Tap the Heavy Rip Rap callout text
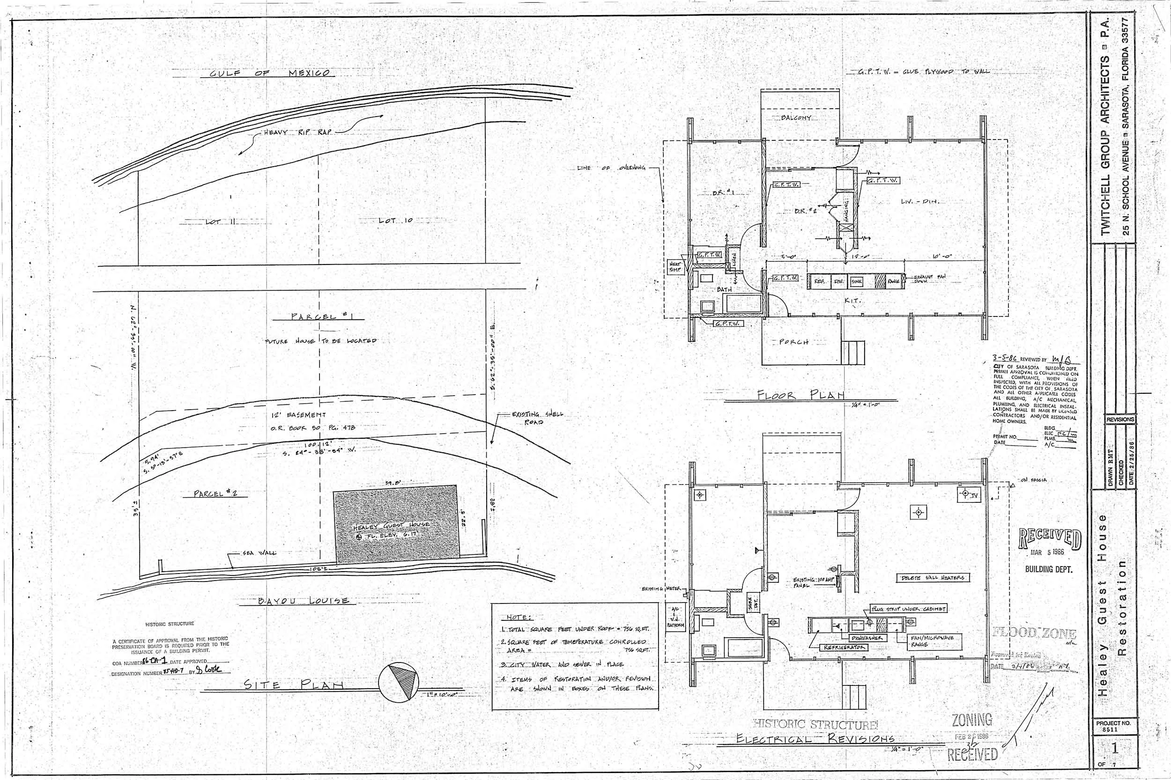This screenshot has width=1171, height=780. pyautogui.click(x=296, y=133)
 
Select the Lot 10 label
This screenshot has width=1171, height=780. pyautogui.click(x=395, y=220)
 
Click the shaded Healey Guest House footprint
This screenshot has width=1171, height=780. pyautogui.click(x=396, y=524)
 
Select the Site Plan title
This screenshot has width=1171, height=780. pyautogui.click(x=294, y=685)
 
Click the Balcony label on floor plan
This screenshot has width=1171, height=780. pyautogui.click(x=796, y=118)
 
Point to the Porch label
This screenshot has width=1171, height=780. pyautogui.click(x=791, y=342)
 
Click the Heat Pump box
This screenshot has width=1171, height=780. pyautogui.click(x=675, y=267)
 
